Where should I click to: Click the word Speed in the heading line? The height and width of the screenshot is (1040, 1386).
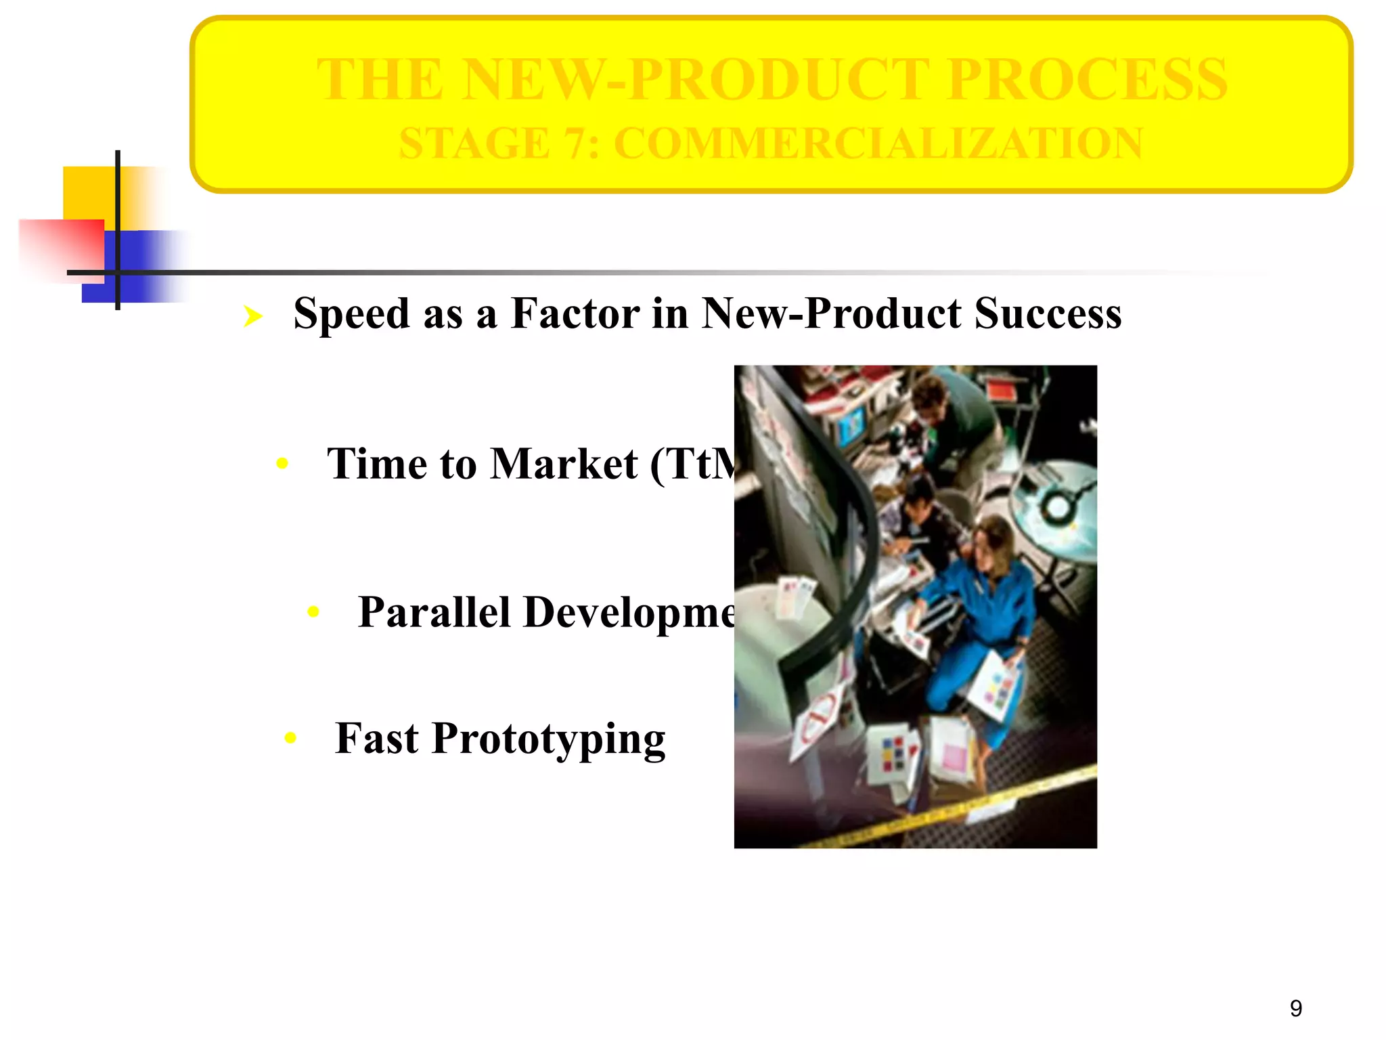351,314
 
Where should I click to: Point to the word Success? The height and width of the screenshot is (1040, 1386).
1048,314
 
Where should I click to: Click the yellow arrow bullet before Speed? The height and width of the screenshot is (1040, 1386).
253,316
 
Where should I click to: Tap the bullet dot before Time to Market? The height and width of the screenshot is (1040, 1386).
283,464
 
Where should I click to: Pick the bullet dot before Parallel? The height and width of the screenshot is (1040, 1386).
313,612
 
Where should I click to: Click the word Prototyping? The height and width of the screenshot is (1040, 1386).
548,739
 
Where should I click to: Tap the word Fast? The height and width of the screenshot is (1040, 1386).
376,738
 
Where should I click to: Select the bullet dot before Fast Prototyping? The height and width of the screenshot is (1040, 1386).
290,737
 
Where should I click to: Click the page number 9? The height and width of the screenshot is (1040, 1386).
1295,1009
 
